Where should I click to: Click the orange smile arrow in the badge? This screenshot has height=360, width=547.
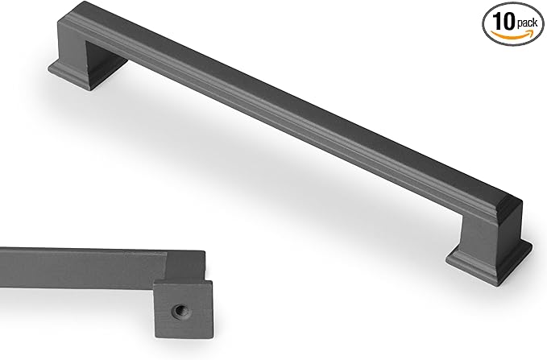[513, 35]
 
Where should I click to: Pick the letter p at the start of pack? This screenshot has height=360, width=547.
[516, 23]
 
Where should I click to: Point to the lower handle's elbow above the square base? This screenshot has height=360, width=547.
[181, 265]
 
